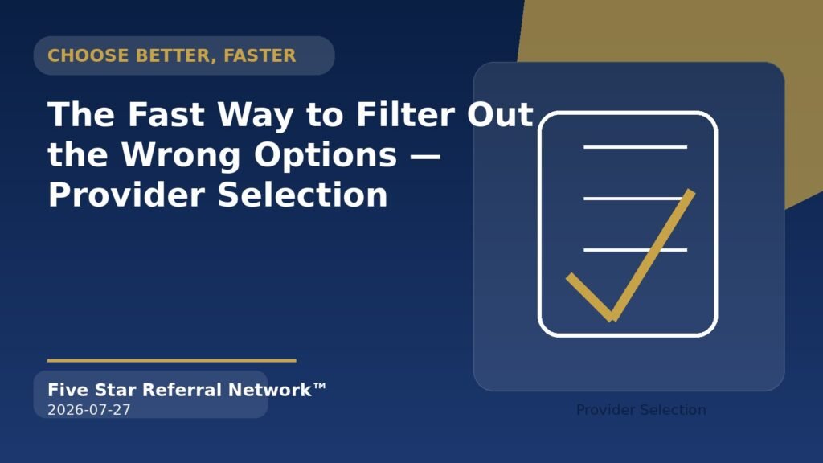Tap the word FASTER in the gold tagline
point(260,55)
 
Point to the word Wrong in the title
point(181,155)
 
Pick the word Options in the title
point(326,155)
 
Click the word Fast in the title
point(166,114)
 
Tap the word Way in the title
point(256,114)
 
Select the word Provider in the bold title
point(126,195)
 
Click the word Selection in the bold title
point(303,195)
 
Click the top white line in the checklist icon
point(635,147)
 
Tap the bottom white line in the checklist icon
point(635,250)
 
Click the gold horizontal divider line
point(172,361)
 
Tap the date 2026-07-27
point(89,410)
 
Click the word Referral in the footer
point(182,390)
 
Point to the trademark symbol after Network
point(320,387)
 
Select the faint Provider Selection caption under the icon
point(641,410)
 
